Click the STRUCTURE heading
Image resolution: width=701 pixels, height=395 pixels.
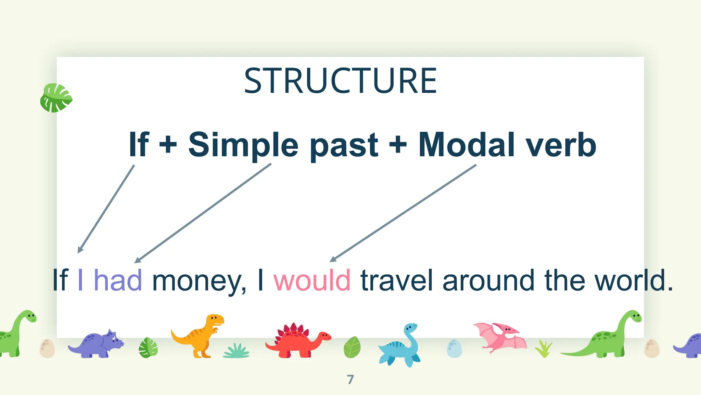click(340, 81)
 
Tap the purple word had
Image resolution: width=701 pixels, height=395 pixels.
click(118, 280)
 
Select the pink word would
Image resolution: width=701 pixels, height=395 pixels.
click(312, 280)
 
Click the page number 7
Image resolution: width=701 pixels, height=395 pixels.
click(350, 380)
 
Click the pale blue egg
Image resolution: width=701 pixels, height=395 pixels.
click(454, 348)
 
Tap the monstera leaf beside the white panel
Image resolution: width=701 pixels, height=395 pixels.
click(55, 98)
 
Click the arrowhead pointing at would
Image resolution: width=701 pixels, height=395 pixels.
click(333, 260)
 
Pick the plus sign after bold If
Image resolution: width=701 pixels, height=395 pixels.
click(168, 145)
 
